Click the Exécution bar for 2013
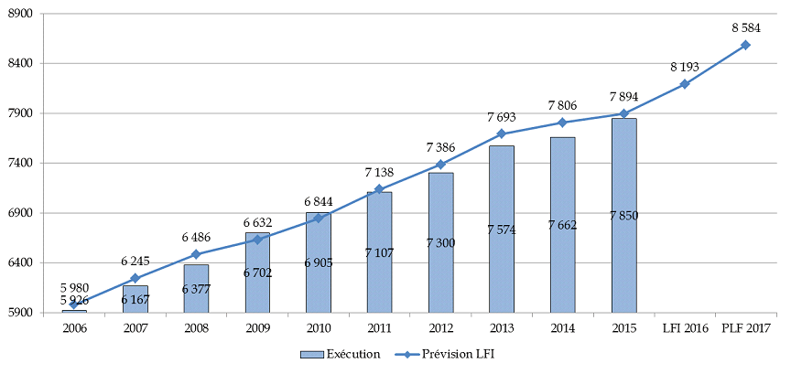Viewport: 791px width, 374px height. pos(501,229)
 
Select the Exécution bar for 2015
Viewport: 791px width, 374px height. pos(623,215)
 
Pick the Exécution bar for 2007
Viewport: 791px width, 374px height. pos(135,299)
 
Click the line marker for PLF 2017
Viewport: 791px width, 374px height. pos(745,45)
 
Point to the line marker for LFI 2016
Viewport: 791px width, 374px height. pos(684,84)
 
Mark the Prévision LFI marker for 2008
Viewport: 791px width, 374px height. pos(196,254)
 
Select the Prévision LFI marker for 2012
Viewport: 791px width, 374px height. pos(440,165)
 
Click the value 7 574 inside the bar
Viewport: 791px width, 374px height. pos(502,230)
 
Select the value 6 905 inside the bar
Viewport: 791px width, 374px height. pos(318,262)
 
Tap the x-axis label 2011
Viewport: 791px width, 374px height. pos(379,327)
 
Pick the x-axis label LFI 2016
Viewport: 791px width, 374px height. pos(684,327)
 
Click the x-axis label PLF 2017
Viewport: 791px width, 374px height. pos(745,327)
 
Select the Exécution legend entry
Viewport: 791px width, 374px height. pos(340,354)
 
